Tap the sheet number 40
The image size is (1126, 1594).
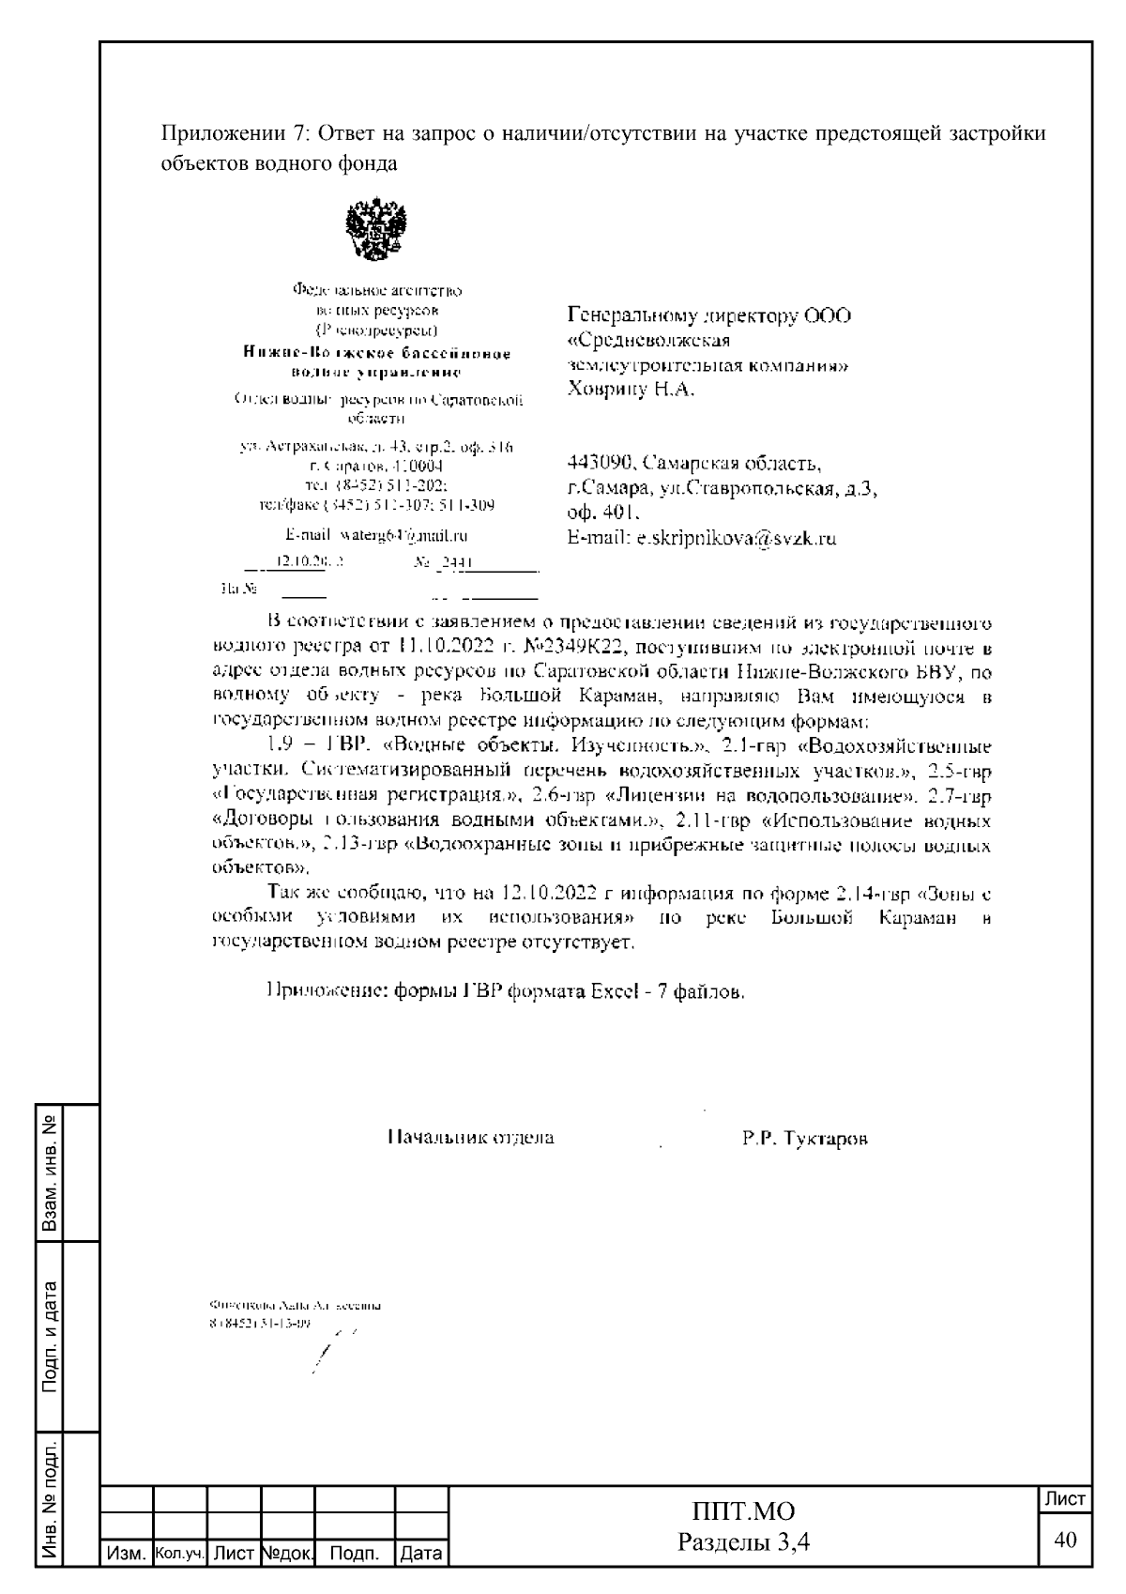(1065, 1540)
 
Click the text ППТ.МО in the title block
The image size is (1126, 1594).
(743, 1510)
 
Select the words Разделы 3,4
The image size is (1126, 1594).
(743, 1542)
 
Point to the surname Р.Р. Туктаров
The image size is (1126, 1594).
(804, 1139)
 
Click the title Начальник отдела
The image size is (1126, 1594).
(471, 1138)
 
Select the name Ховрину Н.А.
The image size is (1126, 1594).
(631, 389)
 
